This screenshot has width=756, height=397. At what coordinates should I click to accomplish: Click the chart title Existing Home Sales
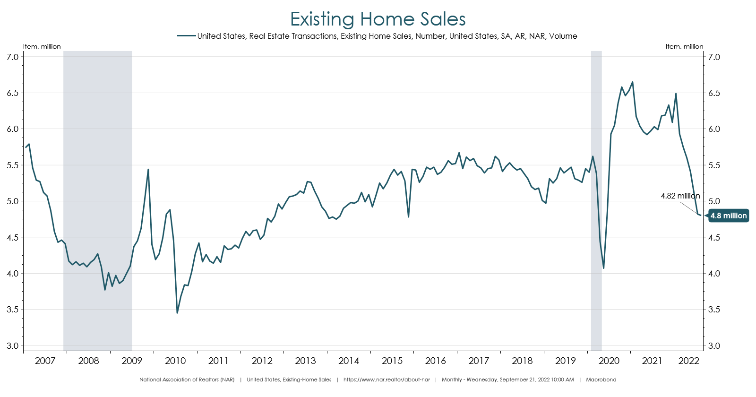378,19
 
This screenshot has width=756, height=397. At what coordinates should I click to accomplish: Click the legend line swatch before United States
187,36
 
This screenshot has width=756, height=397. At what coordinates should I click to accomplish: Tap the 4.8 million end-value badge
729,216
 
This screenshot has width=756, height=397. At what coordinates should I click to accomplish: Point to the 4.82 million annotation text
680,196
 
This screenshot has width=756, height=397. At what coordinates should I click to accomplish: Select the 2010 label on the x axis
175,361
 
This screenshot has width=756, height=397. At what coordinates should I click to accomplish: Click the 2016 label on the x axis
435,361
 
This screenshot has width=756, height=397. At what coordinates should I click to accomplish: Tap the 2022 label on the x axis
688,361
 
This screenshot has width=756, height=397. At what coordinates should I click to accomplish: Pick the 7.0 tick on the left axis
13,57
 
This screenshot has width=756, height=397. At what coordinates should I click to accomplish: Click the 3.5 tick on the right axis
714,310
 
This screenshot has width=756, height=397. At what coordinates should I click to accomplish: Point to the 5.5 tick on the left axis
13,165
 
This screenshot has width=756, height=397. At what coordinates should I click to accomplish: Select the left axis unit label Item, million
42,46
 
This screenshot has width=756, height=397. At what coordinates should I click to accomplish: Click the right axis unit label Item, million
684,46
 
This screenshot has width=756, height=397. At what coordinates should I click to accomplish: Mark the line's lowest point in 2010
177,313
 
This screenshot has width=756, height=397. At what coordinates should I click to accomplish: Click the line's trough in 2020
603,268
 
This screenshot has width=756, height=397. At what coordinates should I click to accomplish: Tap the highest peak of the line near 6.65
632,82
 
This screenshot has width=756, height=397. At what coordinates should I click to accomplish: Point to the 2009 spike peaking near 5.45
148,169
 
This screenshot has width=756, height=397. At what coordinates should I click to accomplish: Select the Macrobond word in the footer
601,380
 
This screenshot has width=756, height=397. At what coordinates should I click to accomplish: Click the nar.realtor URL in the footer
387,380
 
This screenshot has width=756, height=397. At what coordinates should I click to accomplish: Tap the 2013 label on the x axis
305,361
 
